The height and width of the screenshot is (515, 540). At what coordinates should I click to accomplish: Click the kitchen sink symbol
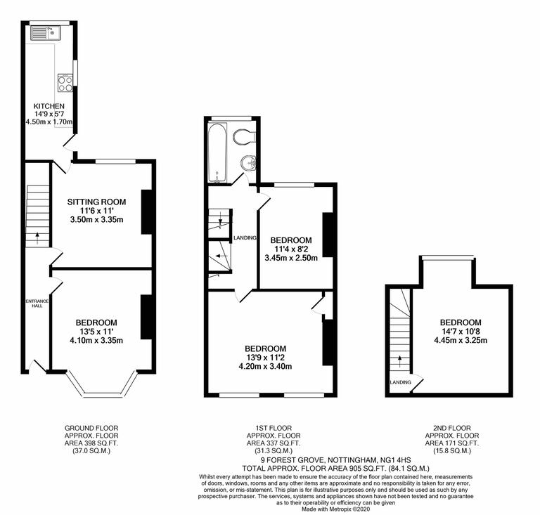click(x=39, y=32)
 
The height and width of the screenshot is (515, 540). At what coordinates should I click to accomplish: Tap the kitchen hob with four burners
click(x=63, y=83)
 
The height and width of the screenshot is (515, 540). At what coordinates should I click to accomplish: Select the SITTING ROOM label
click(x=101, y=202)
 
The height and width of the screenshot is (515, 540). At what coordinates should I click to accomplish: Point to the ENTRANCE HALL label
click(x=36, y=304)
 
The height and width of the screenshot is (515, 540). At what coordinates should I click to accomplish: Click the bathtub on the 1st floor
click(x=218, y=152)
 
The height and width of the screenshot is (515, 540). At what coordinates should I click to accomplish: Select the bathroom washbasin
click(x=247, y=164)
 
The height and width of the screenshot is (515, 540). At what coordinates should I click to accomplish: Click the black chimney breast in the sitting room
click(x=148, y=211)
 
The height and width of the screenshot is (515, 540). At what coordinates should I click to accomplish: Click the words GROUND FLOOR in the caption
click(x=91, y=427)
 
